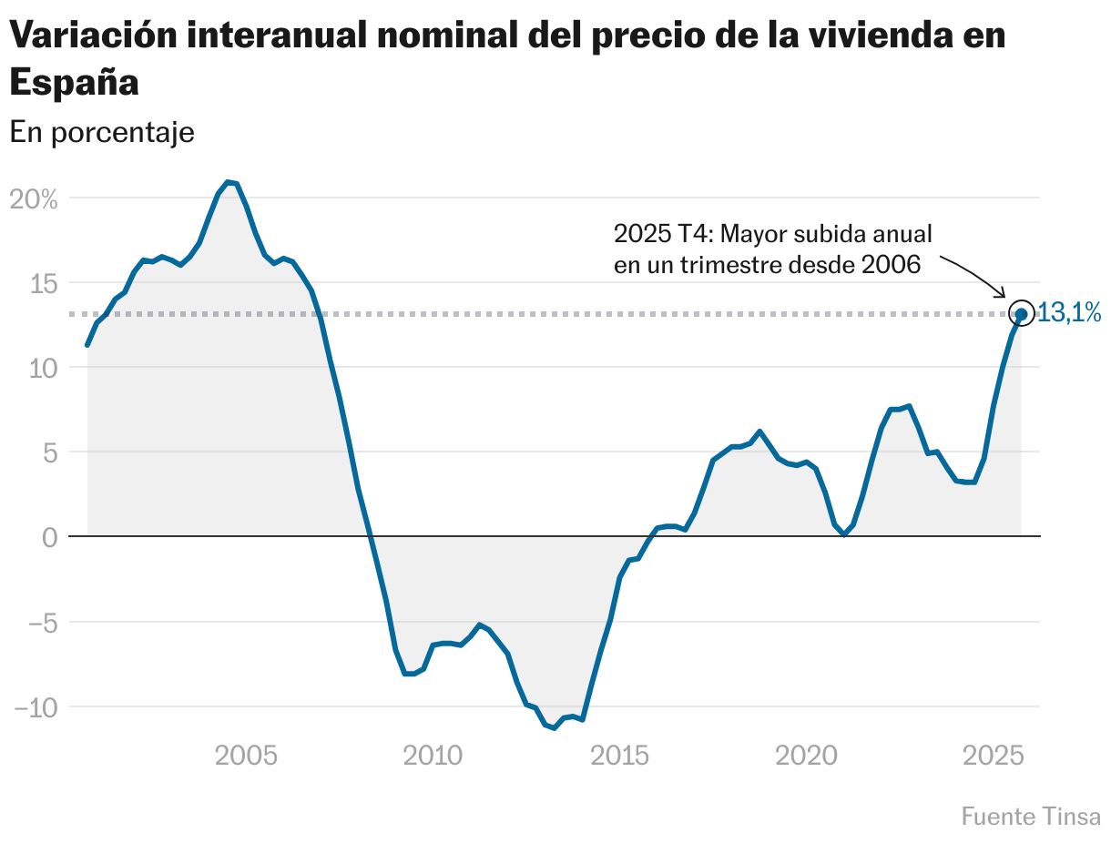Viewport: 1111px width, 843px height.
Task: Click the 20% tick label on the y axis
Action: pyautogui.click(x=34, y=199)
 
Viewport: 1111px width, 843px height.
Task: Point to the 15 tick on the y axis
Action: pyautogui.click(x=41, y=284)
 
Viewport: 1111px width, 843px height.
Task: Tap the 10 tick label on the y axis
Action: pyautogui.click(x=41, y=369)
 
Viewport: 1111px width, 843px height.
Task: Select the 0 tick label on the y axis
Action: pyautogui.click(x=49, y=538)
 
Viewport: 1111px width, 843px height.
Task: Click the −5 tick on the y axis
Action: pyautogui.click(x=36, y=623)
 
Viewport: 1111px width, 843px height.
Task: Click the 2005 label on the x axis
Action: pyautogui.click(x=247, y=756)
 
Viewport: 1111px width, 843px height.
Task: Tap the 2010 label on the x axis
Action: pyautogui.click(x=433, y=756)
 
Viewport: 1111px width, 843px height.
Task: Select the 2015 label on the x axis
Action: pyautogui.click(x=619, y=756)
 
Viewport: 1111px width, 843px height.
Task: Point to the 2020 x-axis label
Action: pyautogui.click(x=806, y=756)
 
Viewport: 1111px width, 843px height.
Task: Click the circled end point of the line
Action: pyautogui.click(x=1021, y=314)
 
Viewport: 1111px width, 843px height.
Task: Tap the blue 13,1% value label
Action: pyautogui.click(x=1069, y=314)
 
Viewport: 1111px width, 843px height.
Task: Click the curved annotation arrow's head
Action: pyautogui.click(x=1003, y=295)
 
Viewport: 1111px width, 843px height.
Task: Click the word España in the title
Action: pyautogui.click(x=74, y=83)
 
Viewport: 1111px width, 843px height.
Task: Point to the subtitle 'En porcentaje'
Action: pyautogui.click(x=102, y=133)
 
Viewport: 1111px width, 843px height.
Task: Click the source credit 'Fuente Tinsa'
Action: pyautogui.click(x=1030, y=817)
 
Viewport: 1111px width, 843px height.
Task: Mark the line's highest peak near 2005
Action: pyautogui.click(x=229, y=183)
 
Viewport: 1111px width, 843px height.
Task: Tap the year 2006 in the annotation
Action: pyautogui.click(x=891, y=264)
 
